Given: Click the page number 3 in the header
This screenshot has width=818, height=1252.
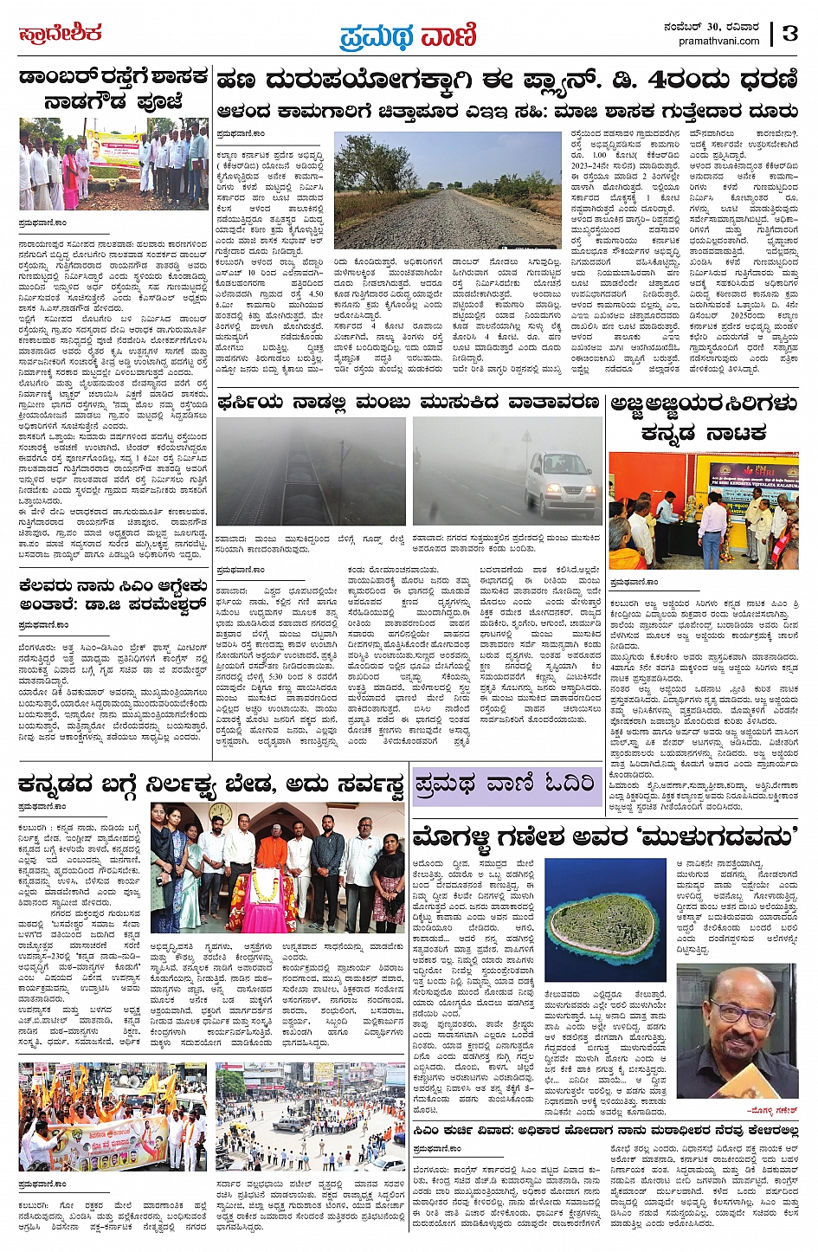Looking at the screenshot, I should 789,34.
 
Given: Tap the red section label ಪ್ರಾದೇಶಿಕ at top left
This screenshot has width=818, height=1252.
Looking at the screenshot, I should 60,34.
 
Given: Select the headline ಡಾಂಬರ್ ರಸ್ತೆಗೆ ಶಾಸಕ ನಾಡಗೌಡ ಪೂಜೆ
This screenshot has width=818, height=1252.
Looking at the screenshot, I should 113,89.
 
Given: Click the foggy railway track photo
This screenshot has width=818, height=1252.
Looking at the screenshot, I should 311,473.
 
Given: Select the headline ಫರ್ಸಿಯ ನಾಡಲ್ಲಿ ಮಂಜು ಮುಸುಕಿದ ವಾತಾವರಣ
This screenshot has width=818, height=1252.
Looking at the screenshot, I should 409,403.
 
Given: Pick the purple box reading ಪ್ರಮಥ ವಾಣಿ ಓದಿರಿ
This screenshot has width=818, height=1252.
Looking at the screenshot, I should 506,783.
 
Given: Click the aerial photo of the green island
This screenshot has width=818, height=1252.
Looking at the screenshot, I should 605,920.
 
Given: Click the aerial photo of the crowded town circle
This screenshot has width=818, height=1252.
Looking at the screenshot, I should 310,1117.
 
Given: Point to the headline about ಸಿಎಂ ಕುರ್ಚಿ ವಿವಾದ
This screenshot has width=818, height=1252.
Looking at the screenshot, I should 605,1131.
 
